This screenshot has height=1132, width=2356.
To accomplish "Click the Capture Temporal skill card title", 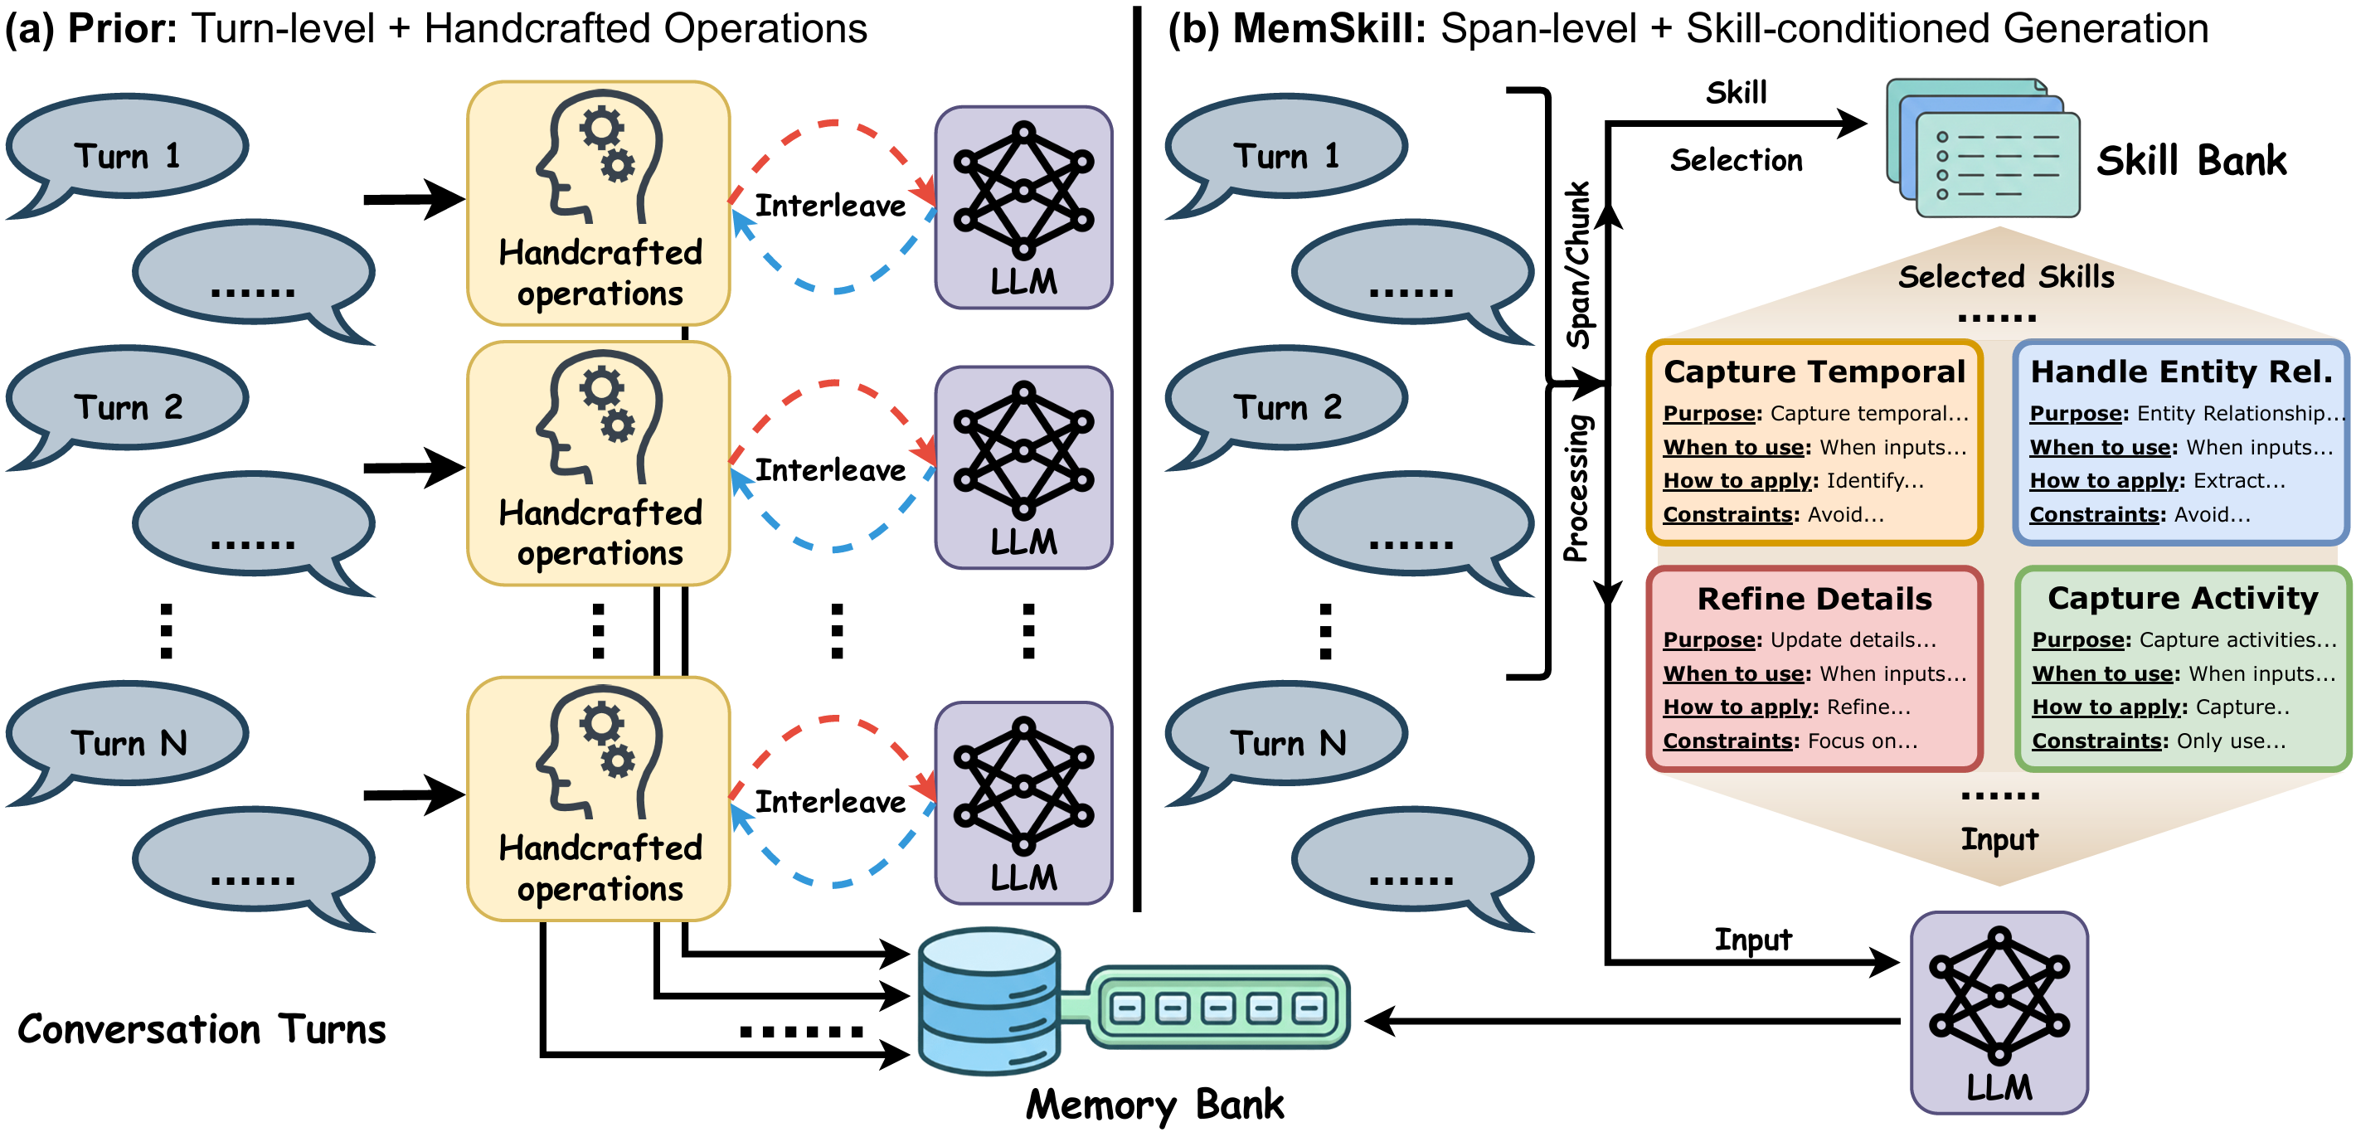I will [1814, 372].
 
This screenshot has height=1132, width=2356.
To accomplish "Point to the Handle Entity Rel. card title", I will [2181, 372].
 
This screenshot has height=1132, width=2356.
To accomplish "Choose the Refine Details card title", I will [1814, 598].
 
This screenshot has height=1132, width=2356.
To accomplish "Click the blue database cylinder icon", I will [989, 1000].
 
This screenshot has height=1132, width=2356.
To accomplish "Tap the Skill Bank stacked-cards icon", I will [1983, 148].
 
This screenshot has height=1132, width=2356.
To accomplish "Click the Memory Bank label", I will [1154, 1104].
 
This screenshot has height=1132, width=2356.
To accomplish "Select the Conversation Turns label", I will [202, 1028].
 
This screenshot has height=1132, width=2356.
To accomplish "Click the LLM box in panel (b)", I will [1999, 1011].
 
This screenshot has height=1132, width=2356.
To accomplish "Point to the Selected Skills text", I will [2006, 276].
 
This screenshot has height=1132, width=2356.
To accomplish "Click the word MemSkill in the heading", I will [1329, 28].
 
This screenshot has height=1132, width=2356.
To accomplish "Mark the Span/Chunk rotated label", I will [1577, 265].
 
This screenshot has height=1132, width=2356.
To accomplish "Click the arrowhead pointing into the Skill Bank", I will [1852, 124].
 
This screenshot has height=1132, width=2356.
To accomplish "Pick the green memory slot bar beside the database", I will [1217, 1008].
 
